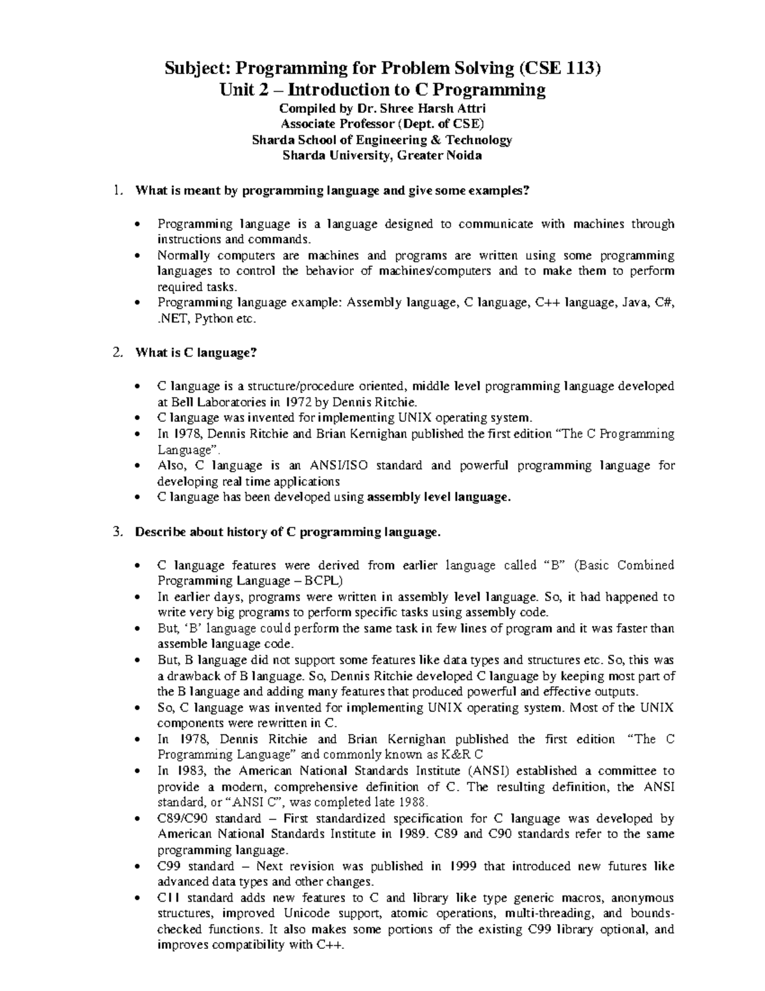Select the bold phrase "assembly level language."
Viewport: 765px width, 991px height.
[440, 496]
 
